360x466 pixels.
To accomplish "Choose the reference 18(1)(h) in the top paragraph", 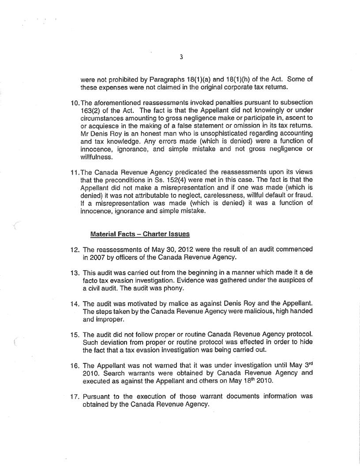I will pyautogui.click(x=221, y=79).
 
